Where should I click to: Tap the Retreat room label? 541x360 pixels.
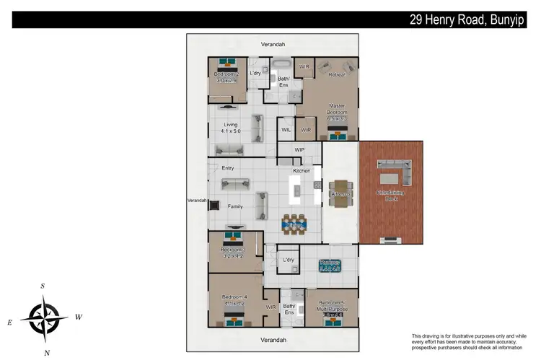[337, 74]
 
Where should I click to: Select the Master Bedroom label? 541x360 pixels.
[337, 109]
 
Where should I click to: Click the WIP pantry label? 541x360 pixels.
[299, 150]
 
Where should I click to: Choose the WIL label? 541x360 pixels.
[286, 131]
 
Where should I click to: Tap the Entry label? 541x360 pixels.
[228, 168]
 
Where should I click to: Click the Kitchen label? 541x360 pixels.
[302, 171]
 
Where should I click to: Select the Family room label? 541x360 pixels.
[235, 206]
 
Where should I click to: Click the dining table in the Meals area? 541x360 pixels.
[294, 223]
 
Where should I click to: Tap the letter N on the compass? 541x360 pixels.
[47, 352]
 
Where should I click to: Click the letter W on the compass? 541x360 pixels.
[79, 317]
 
